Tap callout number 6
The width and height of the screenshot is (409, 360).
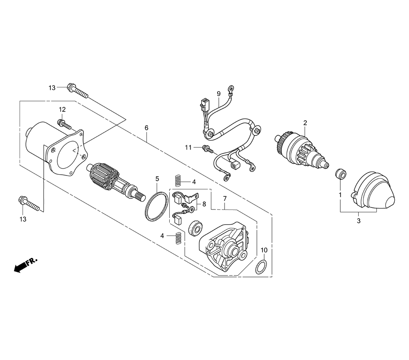146,128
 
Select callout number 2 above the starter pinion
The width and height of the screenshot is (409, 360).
305,123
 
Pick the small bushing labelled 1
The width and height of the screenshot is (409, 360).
341,174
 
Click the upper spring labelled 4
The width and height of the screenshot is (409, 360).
178,180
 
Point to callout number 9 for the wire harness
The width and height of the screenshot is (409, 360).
218,93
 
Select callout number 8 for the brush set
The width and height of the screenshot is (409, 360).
204,204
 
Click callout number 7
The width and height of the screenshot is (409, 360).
225,199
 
